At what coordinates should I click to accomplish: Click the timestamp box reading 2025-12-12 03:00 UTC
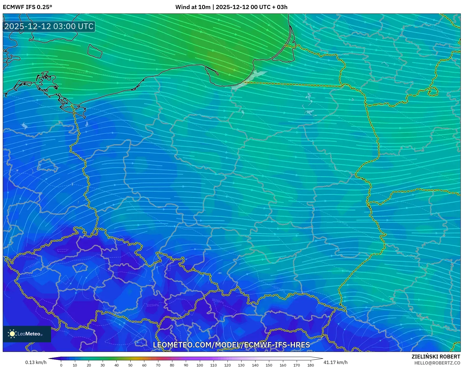pyautogui.click(x=49, y=26)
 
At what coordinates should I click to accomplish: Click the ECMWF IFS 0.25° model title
pyautogui.click(x=27, y=7)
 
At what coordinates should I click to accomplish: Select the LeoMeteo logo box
pyautogui.click(x=27, y=334)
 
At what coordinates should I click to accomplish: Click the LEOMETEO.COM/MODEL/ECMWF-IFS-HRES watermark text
pyautogui.click(x=231, y=345)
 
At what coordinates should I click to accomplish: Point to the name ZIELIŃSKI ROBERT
pyautogui.click(x=436, y=357)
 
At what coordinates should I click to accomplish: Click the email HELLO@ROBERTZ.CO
pyautogui.click(x=437, y=363)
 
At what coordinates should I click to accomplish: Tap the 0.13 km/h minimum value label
pyautogui.click(x=36, y=362)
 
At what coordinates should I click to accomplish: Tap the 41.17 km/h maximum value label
pyautogui.click(x=335, y=362)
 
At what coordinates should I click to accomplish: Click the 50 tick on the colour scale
pyautogui.click(x=130, y=365)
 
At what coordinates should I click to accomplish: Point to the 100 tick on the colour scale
pyautogui.click(x=200, y=365)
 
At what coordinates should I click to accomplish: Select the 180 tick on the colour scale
pyautogui.click(x=310, y=365)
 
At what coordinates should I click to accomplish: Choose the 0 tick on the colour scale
pyautogui.click(x=61, y=365)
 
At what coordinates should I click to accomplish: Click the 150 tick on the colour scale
pyautogui.click(x=269, y=365)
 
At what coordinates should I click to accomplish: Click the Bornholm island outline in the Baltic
pyautogui.click(x=94, y=51)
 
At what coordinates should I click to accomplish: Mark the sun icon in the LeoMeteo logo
pyautogui.click(x=12, y=334)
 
